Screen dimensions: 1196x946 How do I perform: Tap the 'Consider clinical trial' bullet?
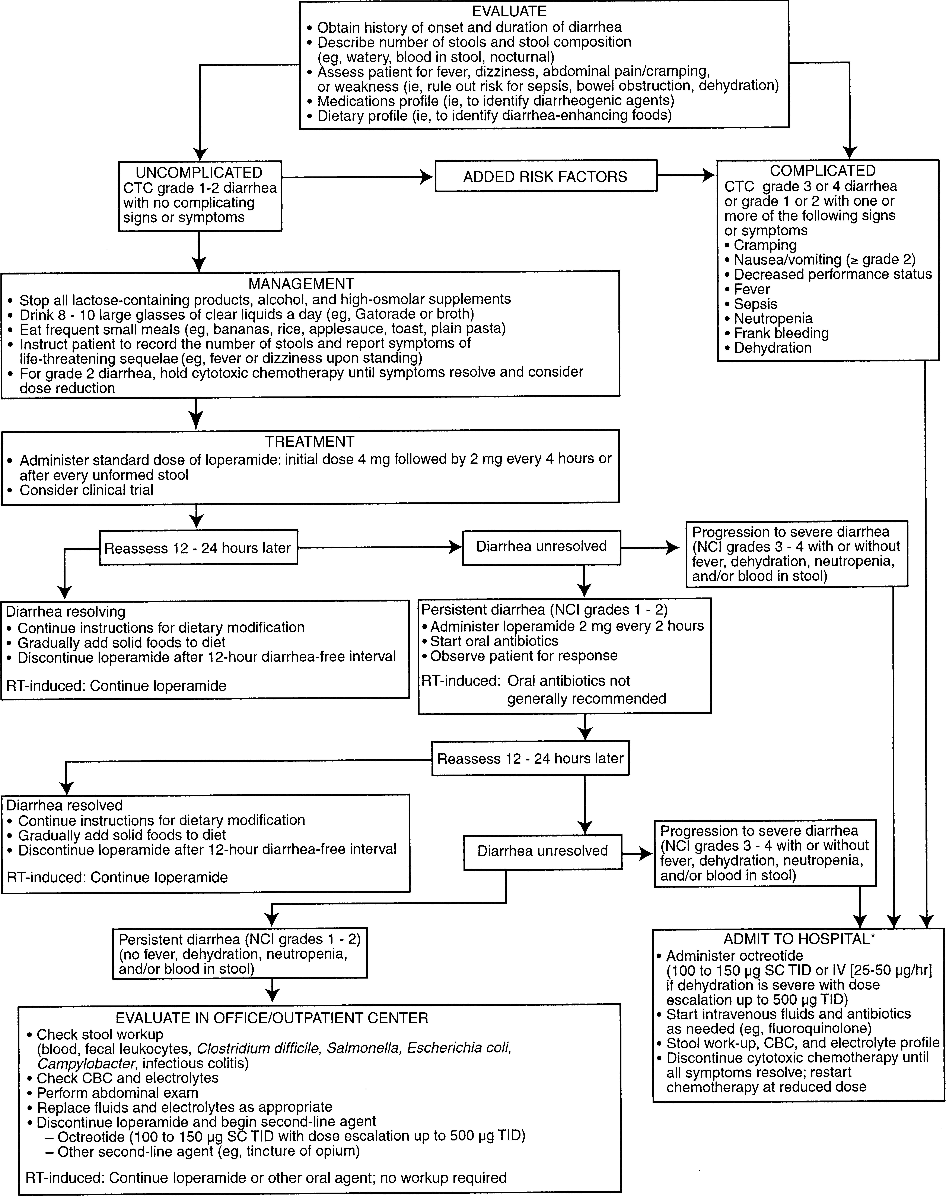point(86,490)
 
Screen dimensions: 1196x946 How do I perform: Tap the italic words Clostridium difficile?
point(258,1049)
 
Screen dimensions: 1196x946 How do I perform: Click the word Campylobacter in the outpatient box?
point(86,1064)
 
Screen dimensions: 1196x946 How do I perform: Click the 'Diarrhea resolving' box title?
point(65,612)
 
